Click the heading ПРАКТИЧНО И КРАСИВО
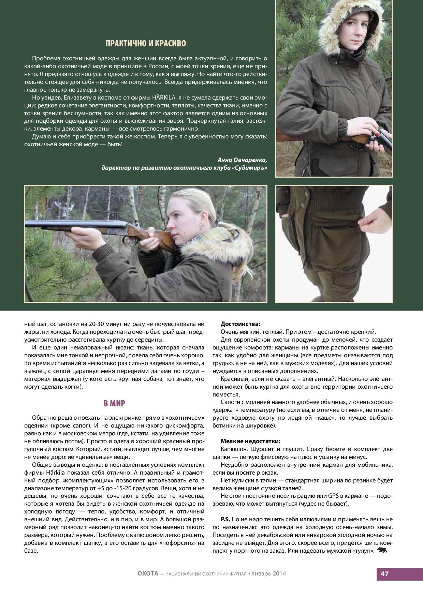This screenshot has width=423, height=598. tap(146, 44)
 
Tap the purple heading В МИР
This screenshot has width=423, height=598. tap(114, 404)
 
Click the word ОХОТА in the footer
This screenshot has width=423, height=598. tap(148, 573)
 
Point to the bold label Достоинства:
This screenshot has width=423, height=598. tap(240, 324)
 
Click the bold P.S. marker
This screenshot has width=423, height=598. tap(225, 519)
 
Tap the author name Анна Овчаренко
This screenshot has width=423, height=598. tap(242, 160)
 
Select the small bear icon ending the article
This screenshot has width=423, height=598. tap(383, 550)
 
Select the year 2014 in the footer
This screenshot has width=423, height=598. tap(279, 573)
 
